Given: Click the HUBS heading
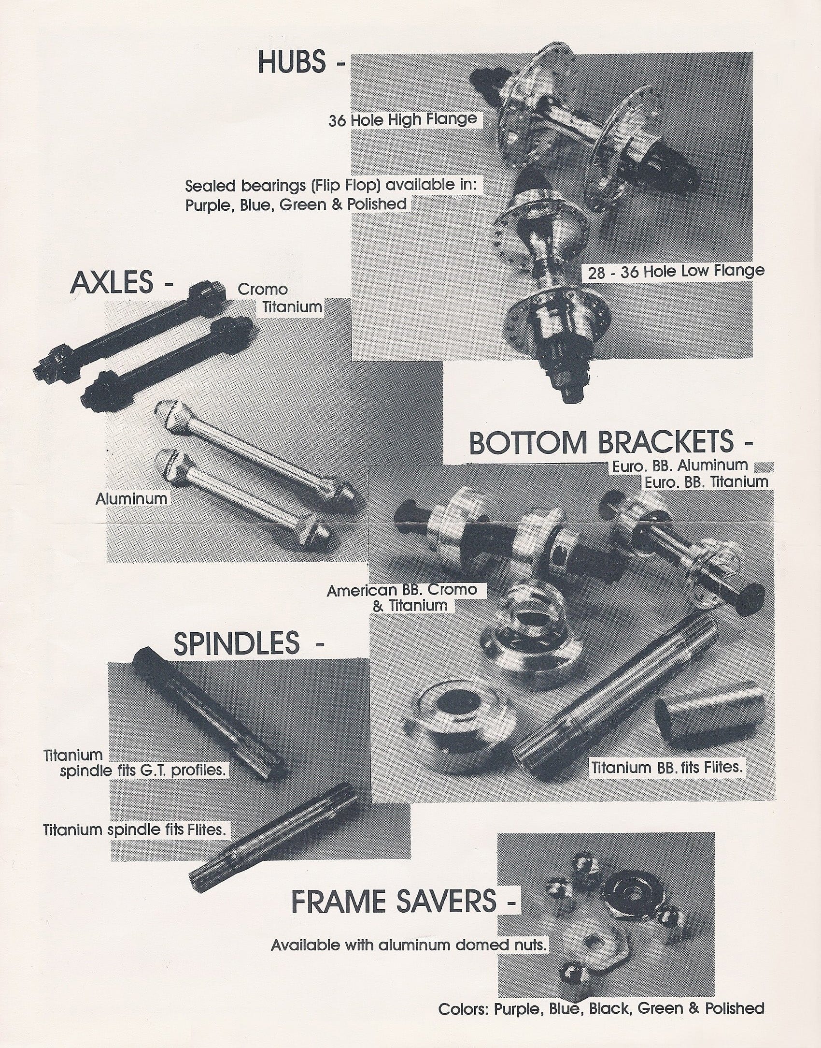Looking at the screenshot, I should (292, 63).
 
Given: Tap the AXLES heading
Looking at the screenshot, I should (113, 283).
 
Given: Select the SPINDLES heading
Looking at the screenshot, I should (237, 644).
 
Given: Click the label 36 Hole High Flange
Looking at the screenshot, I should (402, 119).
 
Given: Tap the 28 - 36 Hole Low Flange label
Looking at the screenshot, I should (676, 272).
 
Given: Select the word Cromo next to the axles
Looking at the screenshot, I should (263, 290).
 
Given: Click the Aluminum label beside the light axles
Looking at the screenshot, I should (131, 498).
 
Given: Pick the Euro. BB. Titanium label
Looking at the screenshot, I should (706, 481).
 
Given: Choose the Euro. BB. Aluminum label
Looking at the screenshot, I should (679, 466).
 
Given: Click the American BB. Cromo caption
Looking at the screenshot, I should (402, 590).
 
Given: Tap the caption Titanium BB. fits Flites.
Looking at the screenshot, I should (666, 767).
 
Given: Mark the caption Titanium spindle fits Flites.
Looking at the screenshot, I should (134, 830).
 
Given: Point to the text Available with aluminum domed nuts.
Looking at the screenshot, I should (409, 945).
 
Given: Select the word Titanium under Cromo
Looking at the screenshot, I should (292, 307).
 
